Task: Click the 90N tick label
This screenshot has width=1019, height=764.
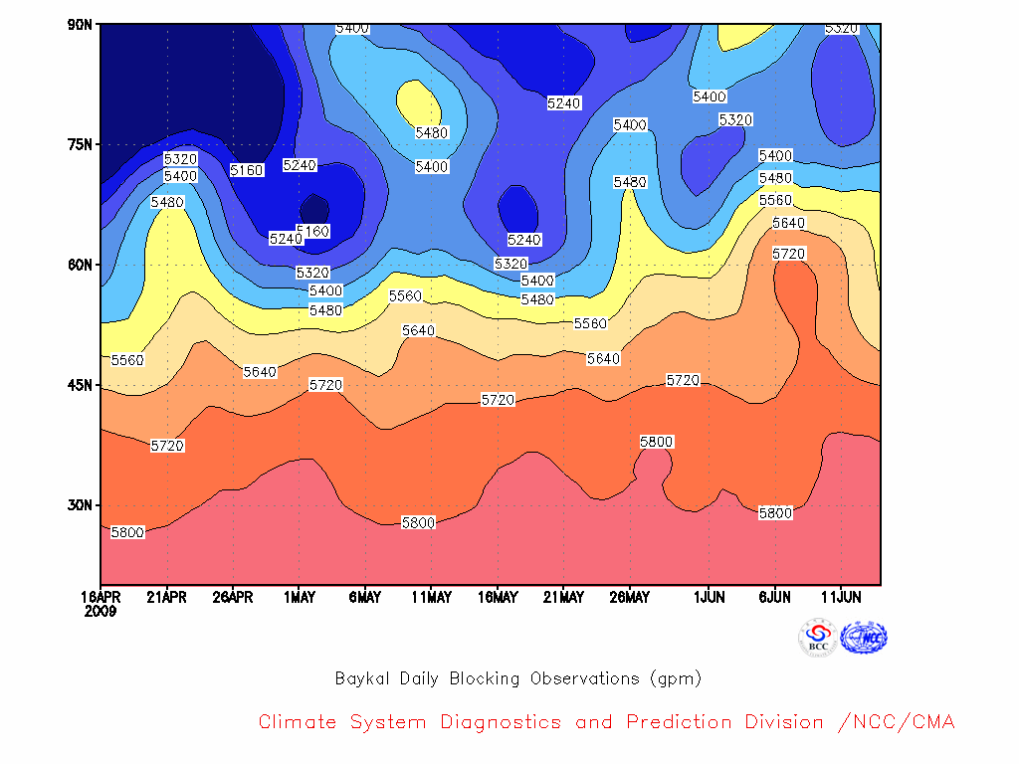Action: pos(80,25)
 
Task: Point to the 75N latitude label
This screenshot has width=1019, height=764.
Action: pos(80,144)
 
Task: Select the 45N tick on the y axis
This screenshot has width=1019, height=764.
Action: pos(80,385)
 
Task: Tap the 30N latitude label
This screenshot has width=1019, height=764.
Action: pos(80,505)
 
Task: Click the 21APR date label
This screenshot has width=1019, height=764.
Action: pos(167,597)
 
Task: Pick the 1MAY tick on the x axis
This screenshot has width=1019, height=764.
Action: pos(299,597)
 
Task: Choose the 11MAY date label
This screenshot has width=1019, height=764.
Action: pos(432,597)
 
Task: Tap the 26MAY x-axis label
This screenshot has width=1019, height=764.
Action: pos(629,597)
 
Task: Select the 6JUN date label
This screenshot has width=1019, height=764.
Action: pos(774,597)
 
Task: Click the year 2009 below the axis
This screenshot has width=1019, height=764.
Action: pos(101,612)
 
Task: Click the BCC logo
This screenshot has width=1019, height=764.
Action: pos(818,638)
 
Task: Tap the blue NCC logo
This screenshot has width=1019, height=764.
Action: pos(864,638)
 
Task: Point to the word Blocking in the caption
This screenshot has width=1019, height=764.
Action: pos(485,678)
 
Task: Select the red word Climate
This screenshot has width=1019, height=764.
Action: pos(297,722)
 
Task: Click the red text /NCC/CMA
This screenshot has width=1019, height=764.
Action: pos(897,722)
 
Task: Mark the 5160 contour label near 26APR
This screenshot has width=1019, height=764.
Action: pos(247,170)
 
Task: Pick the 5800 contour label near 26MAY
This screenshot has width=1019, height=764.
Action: pos(657,442)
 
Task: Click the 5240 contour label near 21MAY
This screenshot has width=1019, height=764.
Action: pos(563,103)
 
